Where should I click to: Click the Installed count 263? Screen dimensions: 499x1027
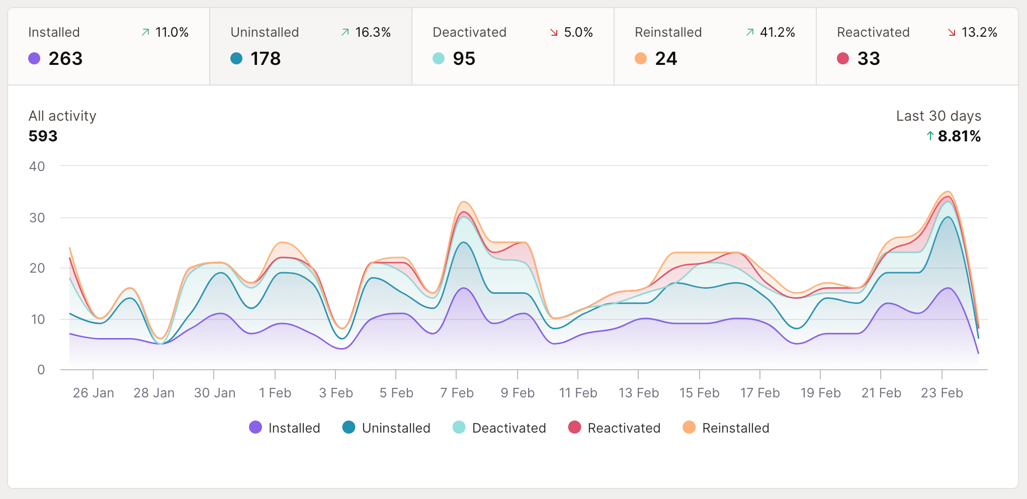(65, 59)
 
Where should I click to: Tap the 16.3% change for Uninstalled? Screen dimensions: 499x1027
(373, 32)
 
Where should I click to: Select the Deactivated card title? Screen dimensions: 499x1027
(469, 32)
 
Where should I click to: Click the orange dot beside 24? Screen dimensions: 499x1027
(640, 58)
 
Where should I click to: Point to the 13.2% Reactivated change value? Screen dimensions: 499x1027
(979, 32)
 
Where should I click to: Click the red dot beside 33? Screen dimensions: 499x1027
(842, 58)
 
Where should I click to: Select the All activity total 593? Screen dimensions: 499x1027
(43, 136)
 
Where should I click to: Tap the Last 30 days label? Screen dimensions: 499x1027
(938, 116)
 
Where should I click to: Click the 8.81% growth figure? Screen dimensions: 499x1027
(959, 136)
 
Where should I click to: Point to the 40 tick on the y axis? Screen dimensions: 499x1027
(37, 167)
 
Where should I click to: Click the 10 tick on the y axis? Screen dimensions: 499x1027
(38, 319)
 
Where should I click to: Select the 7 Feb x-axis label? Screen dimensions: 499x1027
(457, 393)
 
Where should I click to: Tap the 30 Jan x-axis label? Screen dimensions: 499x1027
(215, 393)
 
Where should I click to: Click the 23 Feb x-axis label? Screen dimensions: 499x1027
(942, 393)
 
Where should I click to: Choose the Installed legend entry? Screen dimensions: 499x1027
(285, 428)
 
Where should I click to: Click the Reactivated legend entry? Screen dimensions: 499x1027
(614, 428)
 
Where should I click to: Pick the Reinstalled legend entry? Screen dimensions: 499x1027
(726, 428)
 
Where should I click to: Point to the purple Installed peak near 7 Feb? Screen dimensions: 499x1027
(463, 288)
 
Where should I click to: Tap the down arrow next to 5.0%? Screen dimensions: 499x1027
(554, 33)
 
